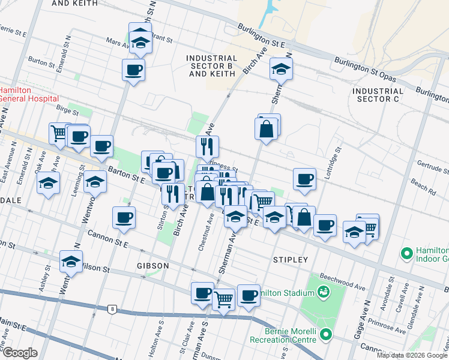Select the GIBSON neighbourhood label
coord(152,265)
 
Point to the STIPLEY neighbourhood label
coord(290,260)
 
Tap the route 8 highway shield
coord(112,310)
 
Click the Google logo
coord(19,353)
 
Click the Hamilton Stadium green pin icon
coord(324,292)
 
